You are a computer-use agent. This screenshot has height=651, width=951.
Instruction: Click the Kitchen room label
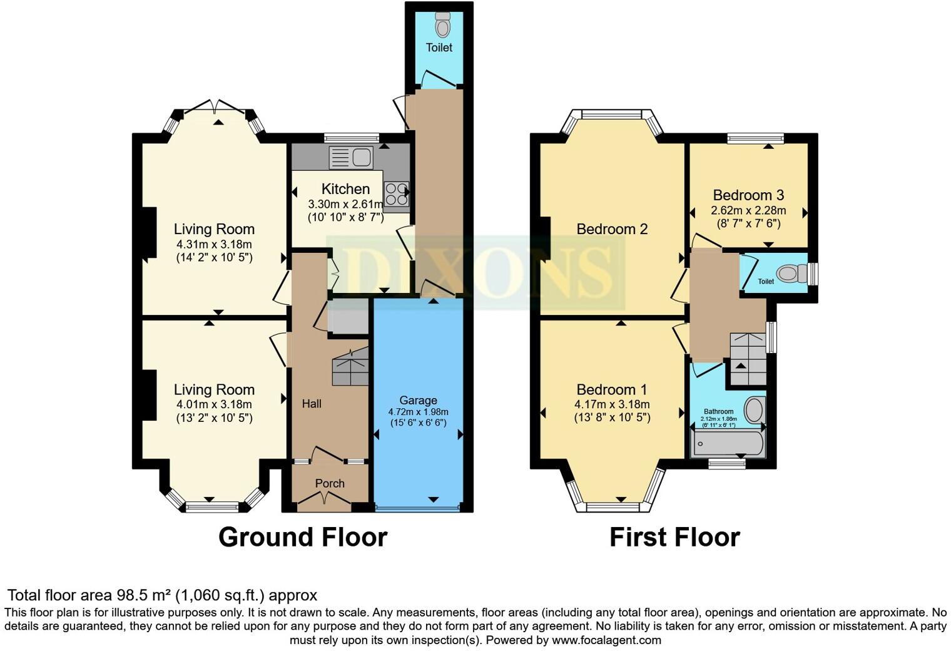point(345,189)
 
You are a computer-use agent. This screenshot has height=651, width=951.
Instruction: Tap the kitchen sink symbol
point(350,157)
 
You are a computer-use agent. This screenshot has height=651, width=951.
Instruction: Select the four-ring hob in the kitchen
point(395,194)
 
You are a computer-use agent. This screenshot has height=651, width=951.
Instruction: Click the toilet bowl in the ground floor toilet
point(443,26)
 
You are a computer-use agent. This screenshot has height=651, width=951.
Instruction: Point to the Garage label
point(418,400)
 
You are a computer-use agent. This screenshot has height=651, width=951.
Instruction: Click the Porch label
point(330,483)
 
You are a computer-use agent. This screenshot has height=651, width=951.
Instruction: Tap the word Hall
point(312,404)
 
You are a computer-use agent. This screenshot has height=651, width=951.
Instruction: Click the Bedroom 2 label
point(612,229)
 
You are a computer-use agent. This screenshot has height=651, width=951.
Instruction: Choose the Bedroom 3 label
point(748,195)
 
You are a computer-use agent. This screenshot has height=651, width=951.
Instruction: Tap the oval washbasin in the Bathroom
point(755,411)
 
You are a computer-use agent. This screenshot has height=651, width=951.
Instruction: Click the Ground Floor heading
point(303,537)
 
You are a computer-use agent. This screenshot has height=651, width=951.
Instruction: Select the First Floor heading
point(674,537)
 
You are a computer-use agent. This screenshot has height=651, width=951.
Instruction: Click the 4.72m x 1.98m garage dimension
point(418,412)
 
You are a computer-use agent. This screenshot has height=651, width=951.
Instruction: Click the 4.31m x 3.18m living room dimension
point(214,244)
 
